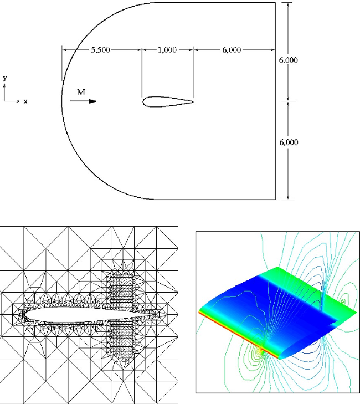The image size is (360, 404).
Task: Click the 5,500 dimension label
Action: (x=101, y=50)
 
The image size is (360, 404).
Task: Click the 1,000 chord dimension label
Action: (x=167, y=50)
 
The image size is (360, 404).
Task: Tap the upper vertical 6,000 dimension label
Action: (x=289, y=60)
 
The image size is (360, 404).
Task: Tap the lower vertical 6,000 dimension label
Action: (x=289, y=142)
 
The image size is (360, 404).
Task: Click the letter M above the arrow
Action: (x=81, y=93)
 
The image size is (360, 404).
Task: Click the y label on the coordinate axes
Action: (x=5, y=79)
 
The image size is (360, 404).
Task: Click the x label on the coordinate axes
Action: (x=25, y=101)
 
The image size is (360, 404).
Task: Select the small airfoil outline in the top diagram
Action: (x=166, y=101)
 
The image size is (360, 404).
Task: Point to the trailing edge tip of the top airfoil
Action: (x=193, y=101)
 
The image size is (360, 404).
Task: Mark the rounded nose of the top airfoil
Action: (x=144, y=101)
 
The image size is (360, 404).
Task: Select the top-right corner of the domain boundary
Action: (x=275, y=3)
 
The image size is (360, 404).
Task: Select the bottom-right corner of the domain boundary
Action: (x=275, y=198)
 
